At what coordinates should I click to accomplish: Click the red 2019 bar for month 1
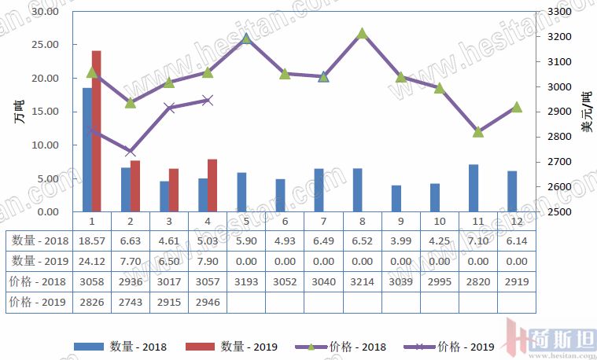97,131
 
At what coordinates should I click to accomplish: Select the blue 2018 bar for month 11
474,188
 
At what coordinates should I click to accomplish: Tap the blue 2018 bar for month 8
358,189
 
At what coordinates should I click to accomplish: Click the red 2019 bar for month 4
212,186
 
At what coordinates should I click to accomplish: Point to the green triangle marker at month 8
362,34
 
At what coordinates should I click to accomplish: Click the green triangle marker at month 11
478,132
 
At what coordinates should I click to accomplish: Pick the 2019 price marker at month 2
131,152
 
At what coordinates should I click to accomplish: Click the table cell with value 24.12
91,261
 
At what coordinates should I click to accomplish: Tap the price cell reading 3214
362,281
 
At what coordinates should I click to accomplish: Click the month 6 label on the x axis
285,221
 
